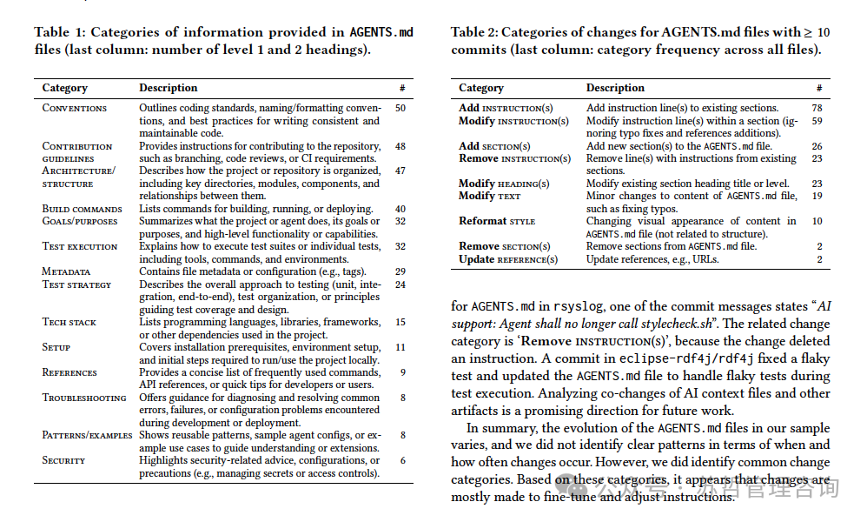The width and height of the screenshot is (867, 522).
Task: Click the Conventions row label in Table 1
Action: [75, 108]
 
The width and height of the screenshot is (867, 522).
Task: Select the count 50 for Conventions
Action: [400, 108]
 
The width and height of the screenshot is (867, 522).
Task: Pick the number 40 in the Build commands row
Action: [400, 209]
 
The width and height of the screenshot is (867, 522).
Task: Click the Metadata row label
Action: [66, 271]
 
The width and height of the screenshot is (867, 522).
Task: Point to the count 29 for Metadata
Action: [400, 271]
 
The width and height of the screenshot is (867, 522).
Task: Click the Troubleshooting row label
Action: [84, 398]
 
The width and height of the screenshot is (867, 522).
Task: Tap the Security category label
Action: [63, 460]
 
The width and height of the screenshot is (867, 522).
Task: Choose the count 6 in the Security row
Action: [402, 460]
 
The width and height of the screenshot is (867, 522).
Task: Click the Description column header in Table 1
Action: [168, 88]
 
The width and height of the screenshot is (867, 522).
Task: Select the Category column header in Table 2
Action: [480, 88]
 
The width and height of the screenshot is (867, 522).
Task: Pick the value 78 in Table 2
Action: [817, 109]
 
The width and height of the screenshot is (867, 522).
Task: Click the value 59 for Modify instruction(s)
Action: [817, 121]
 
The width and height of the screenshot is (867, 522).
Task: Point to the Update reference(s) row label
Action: [508, 259]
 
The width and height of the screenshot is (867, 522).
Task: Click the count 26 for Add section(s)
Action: [817, 146]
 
